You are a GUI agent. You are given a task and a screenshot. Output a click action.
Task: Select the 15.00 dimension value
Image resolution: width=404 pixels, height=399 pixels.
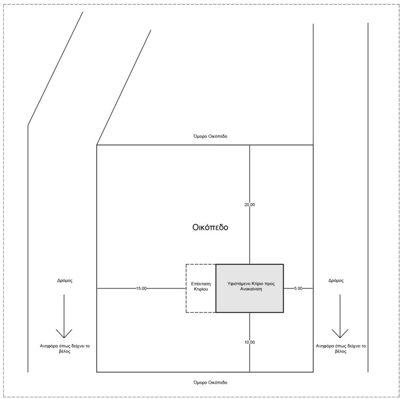pos(141,288)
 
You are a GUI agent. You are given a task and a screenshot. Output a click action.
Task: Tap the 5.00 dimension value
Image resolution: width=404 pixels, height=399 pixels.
pos(298,288)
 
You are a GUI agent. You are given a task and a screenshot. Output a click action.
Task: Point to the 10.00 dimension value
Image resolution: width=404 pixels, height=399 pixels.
pos(250,342)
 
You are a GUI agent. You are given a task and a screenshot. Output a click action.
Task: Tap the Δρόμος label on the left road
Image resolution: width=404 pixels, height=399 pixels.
pos(64,280)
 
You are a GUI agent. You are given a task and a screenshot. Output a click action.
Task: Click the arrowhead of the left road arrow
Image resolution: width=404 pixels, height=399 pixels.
pos(64,335)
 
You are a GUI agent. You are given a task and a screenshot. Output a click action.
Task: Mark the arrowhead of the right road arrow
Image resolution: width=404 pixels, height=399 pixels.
pos(340,335)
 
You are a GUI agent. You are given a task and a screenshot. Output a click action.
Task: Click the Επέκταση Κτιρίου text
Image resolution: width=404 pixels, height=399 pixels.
pos(200,288)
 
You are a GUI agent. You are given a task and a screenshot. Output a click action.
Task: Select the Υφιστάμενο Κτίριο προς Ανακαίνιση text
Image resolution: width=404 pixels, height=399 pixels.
pos(249,286)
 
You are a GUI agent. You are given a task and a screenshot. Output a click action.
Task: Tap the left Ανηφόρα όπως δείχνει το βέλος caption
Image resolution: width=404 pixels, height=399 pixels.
pos(64,349)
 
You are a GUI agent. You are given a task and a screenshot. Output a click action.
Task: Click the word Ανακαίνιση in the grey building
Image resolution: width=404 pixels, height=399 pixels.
pos(249,290)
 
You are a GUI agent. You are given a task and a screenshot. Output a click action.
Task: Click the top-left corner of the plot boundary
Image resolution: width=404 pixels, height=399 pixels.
pos(96,145)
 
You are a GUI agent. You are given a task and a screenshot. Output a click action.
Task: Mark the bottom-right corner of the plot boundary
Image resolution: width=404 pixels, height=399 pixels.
pos(313,372)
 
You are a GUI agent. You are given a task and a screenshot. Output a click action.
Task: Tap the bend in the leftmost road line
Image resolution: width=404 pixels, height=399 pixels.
pos(28,126)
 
